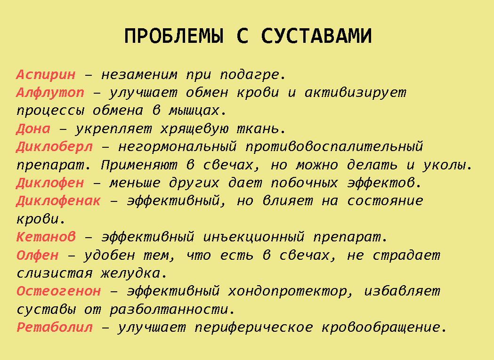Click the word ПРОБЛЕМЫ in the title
(x=174, y=36)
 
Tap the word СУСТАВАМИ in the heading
(x=316, y=36)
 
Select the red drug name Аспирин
(x=46, y=75)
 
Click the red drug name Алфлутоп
(x=50, y=93)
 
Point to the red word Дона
(x=33, y=129)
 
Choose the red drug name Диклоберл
(x=55, y=147)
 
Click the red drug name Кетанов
(x=46, y=237)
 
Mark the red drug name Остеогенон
(x=58, y=291)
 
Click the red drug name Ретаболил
(x=55, y=328)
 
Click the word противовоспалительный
(x=334, y=147)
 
